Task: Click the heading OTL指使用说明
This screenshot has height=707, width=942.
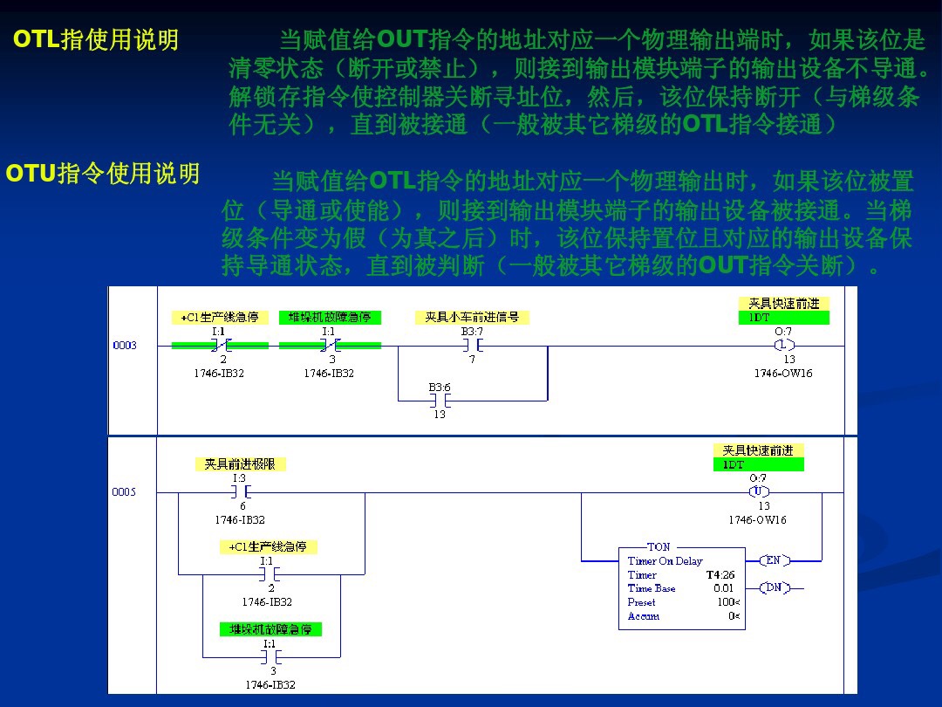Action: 96,40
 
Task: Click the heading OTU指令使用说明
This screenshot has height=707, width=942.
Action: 103,174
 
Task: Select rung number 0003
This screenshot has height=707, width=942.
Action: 125,346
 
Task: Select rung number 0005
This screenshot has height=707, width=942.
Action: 125,492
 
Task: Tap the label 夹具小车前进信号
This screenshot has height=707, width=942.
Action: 472,318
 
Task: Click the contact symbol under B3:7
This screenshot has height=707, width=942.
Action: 472,346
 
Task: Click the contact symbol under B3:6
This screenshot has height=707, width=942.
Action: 439,401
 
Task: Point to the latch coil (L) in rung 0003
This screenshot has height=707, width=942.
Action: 783,346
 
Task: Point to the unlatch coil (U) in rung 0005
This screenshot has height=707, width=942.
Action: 759,492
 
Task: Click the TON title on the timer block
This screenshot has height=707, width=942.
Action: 659,547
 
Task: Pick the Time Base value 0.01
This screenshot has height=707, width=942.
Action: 724,588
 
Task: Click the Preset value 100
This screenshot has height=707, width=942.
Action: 725,602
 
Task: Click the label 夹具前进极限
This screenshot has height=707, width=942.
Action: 239,464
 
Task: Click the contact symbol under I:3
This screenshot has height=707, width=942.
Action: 239,492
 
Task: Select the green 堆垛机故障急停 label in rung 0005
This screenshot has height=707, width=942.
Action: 270,629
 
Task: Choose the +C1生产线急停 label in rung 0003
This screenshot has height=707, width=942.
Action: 220,318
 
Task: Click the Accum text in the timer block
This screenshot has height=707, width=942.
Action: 644,616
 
